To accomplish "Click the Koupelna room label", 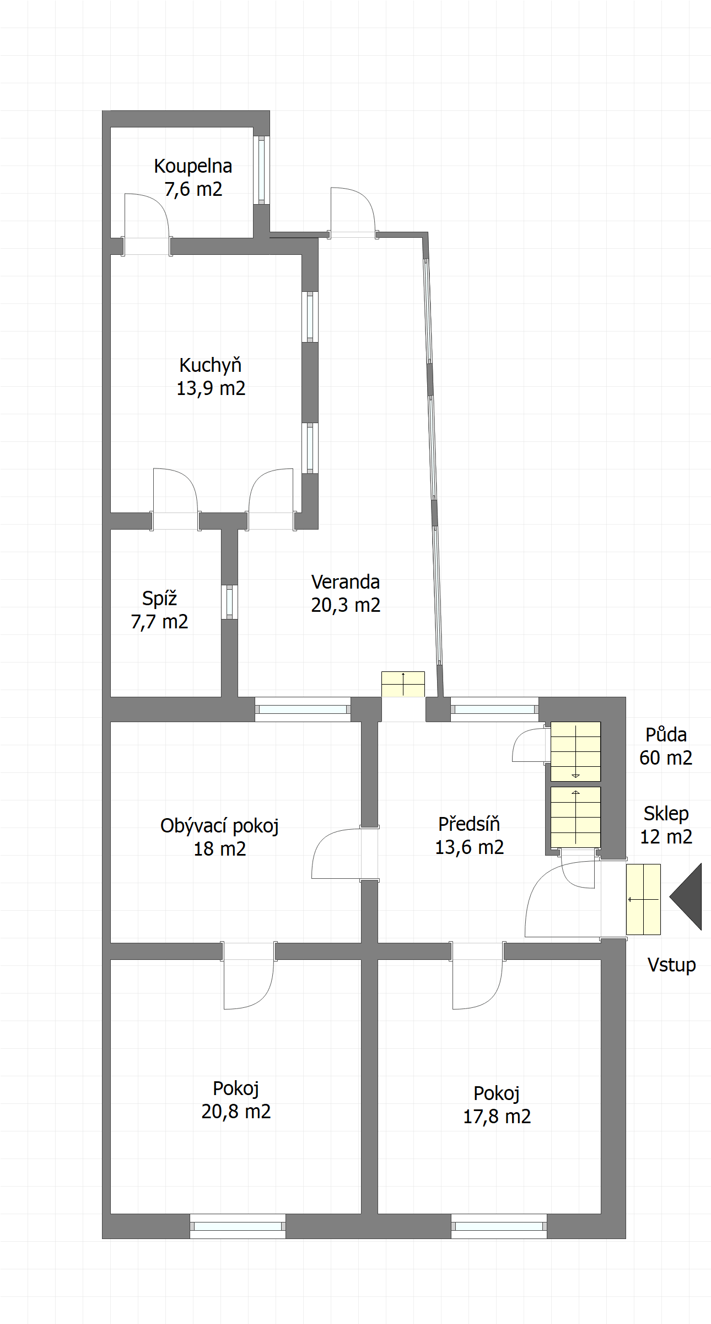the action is [x=193, y=166].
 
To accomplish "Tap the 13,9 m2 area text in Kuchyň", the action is [x=211, y=388].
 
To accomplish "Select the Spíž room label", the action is [x=159, y=598].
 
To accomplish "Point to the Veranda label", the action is [x=346, y=582].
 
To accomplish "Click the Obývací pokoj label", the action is [x=219, y=826].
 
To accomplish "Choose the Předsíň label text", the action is [x=469, y=824].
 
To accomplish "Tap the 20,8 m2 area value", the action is [x=236, y=1111].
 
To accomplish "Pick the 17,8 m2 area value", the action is [x=497, y=1116].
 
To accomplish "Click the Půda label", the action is [x=666, y=735].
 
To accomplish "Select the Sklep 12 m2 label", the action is [x=666, y=825].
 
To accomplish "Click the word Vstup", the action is [x=671, y=965].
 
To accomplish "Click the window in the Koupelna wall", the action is [x=261, y=170].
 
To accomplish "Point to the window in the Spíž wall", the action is [x=229, y=602].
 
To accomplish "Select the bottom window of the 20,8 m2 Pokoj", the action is [x=238, y=1226].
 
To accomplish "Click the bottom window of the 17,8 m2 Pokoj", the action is [x=499, y=1226].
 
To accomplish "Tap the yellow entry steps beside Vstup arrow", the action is [x=643, y=899].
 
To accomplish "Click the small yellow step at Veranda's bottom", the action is [x=403, y=684].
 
